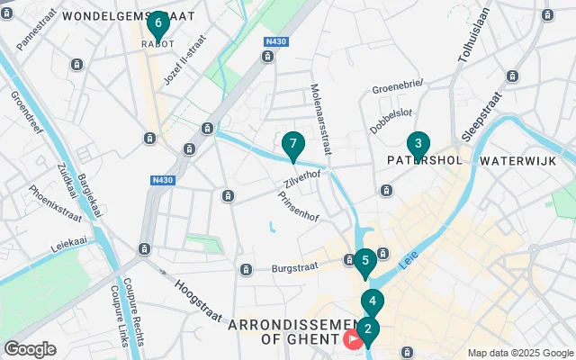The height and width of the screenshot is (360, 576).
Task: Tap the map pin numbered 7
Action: (x=292, y=145)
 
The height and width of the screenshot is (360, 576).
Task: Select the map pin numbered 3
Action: (x=418, y=145)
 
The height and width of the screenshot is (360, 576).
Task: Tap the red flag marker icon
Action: (x=352, y=339)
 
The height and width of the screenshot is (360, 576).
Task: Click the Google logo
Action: (x=30, y=348)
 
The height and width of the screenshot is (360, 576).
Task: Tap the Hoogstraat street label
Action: (x=198, y=289)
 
